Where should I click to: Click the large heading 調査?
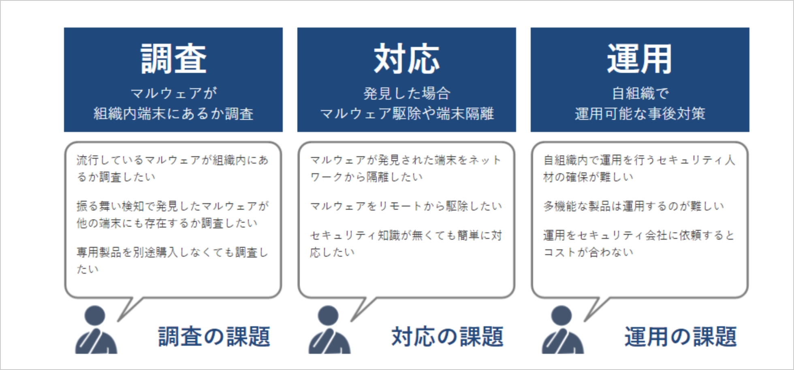click(x=173, y=59)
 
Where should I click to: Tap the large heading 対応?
click(x=406, y=59)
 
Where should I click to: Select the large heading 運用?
click(x=640, y=59)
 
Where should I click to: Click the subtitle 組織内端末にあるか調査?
click(x=173, y=114)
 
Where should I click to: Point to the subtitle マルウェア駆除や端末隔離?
click(x=407, y=114)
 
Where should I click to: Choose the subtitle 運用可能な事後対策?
click(x=640, y=114)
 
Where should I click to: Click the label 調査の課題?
click(x=214, y=336)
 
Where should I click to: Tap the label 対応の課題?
click(x=447, y=336)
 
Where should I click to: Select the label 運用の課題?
click(x=681, y=336)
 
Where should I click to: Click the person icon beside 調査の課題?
click(x=96, y=330)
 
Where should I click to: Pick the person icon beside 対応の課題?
click(x=329, y=330)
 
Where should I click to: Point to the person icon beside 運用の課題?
click(x=563, y=330)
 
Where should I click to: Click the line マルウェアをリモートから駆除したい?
click(x=406, y=206)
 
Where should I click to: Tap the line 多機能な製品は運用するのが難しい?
click(x=634, y=206)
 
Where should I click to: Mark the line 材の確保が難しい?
click(x=588, y=177)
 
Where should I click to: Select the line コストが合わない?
click(x=588, y=252)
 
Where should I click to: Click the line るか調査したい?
click(x=116, y=177)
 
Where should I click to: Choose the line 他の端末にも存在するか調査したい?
click(x=167, y=223)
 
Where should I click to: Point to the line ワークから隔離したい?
click(x=366, y=177)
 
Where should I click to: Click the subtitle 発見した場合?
click(x=407, y=94)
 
